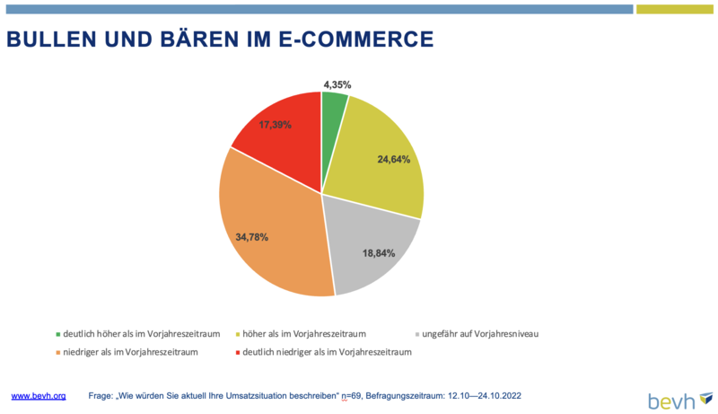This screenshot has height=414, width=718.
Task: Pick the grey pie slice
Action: pyautogui.click(x=371, y=251)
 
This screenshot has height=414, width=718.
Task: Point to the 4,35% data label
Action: pyautogui.click(x=337, y=84)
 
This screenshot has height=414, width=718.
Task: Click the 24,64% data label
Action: pyautogui.click(x=394, y=159)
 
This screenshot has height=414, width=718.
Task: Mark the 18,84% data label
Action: pyautogui.click(x=379, y=253)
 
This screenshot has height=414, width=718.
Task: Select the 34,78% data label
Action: pyautogui.click(x=252, y=237)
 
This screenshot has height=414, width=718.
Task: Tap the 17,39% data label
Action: pyautogui.click(x=276, y=125)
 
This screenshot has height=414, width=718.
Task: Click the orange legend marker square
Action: pyautogui.click(x=58, y=353)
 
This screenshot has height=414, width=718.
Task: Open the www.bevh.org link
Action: pyautogui.click(x=39, y=396)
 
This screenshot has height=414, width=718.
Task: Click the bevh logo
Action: pyautogui.click(x=680, y=401)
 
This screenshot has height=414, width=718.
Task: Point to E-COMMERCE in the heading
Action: pyautogui.click(x=356, y=40)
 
